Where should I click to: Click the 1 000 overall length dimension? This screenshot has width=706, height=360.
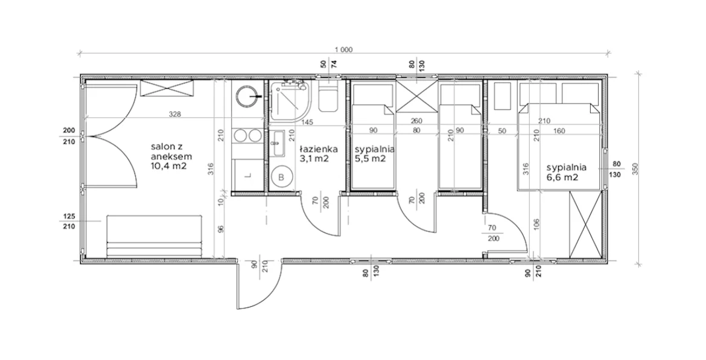[343, 50]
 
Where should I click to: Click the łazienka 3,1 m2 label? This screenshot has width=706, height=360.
[319, 153]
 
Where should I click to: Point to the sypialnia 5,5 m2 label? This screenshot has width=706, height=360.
[375, 153]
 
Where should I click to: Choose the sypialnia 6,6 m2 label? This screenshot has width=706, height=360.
[567, 172]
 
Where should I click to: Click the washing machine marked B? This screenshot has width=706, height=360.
[281, 178]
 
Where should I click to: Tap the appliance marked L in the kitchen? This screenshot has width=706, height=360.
[247, 175]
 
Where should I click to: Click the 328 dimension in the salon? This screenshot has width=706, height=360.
[175, 114]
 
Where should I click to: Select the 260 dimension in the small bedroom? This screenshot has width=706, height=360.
[416, 121]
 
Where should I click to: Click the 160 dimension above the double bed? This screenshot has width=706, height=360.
[559, 131]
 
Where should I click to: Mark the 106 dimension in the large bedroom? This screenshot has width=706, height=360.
[536, 224]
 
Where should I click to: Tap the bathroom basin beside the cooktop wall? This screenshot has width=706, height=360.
[278, 144]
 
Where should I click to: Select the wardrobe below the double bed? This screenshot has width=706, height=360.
[585, 224]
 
